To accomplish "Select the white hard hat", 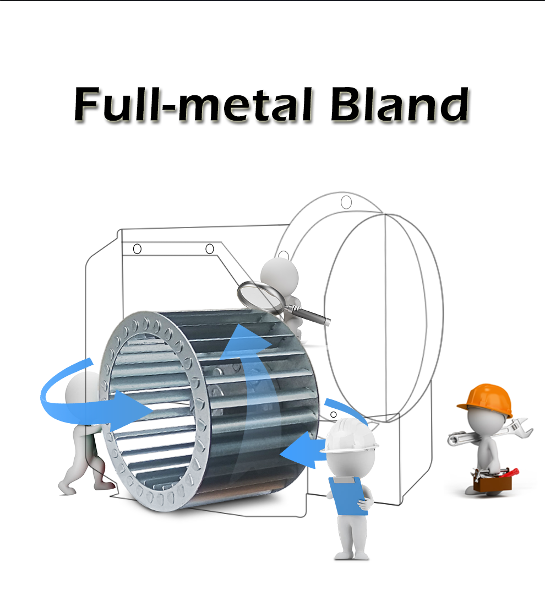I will [350, 435].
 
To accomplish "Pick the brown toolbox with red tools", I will [493, 479].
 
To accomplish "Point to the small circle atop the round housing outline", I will [346, 202].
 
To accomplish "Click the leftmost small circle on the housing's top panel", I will [138, 249].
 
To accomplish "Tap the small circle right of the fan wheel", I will [333, 414].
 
